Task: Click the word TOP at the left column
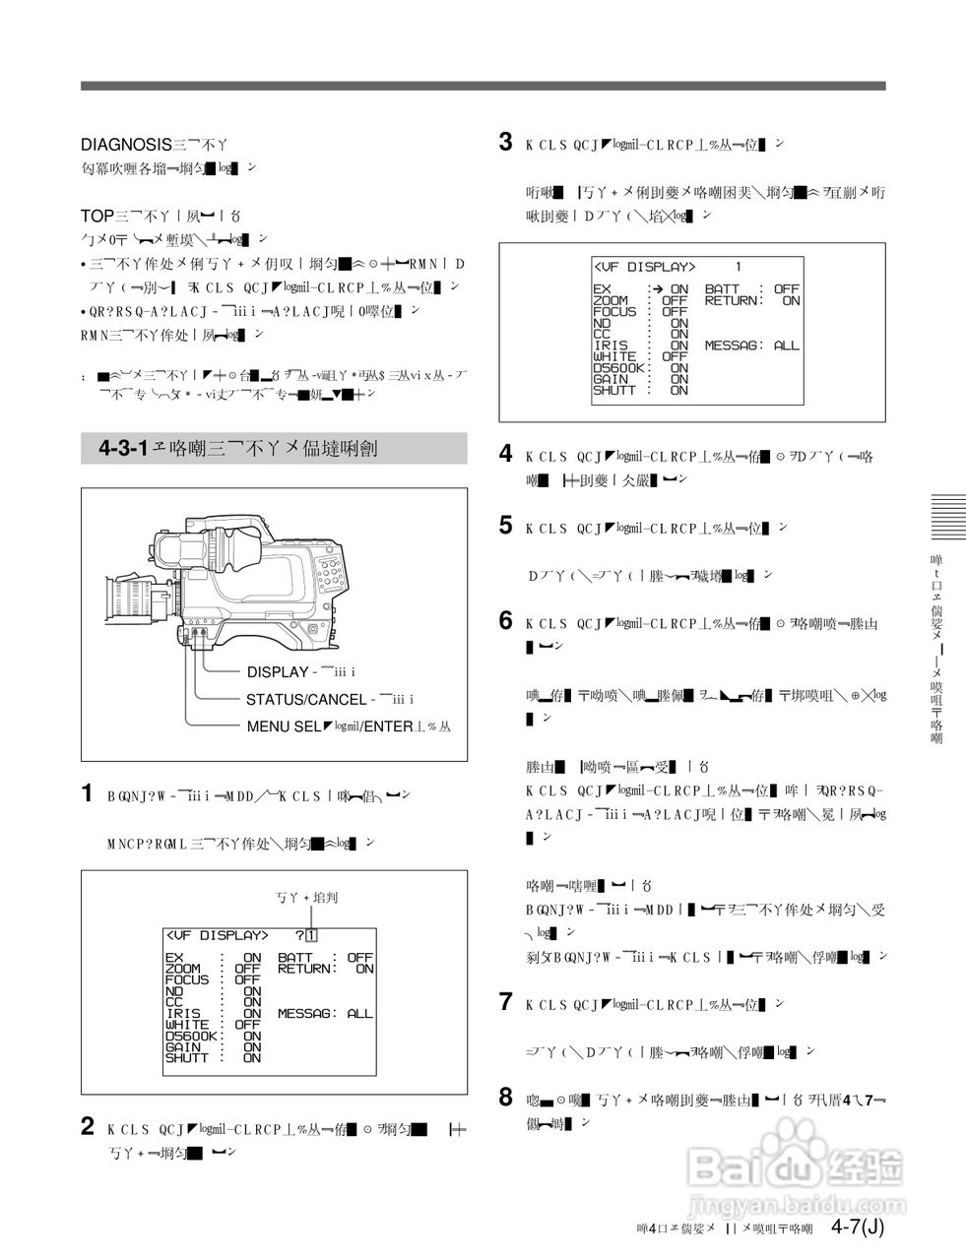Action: point(97,215)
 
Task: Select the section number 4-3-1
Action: point(123,449)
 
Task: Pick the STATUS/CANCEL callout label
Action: point(305,700)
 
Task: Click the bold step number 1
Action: point(88,793)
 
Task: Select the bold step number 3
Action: point(505,143)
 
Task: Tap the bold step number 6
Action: point(505,621)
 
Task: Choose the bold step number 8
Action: point(505,1095)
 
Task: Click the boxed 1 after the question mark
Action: point(311,935)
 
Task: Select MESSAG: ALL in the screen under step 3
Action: point(752,346)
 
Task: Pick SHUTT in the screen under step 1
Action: point(186,1059)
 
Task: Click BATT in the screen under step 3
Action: point(722,289)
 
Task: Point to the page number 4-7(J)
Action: point(857,1227)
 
